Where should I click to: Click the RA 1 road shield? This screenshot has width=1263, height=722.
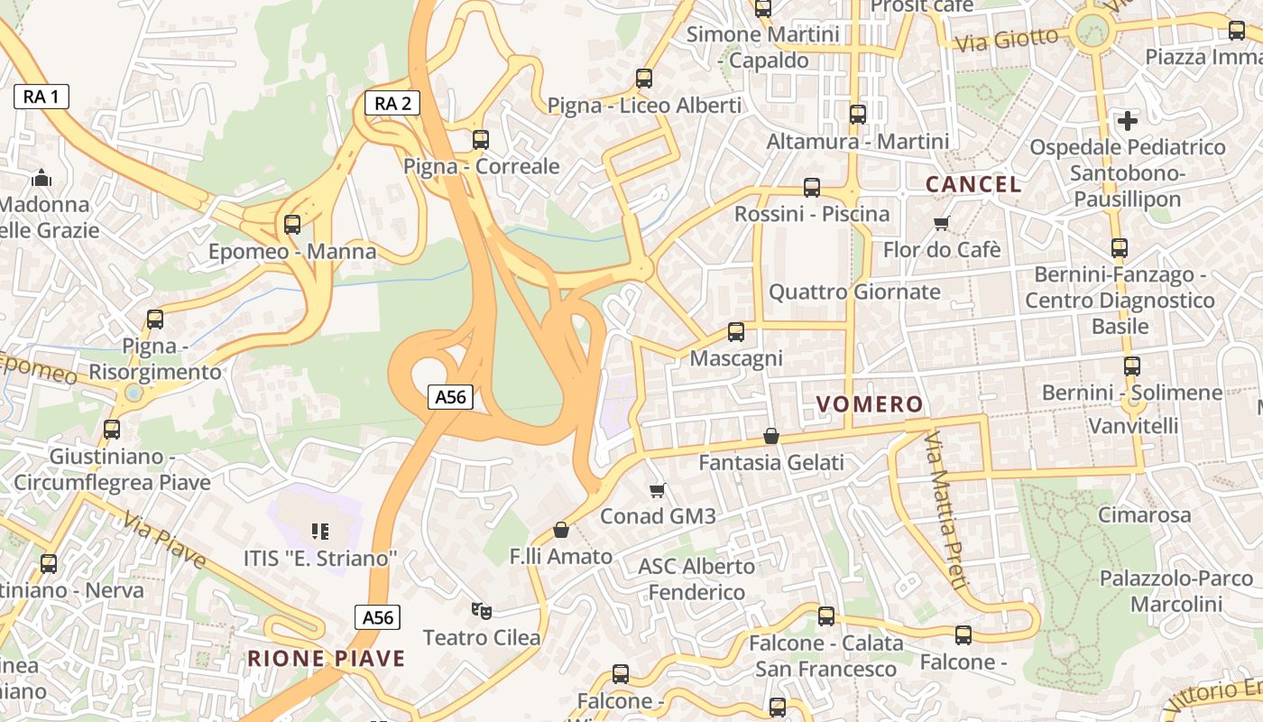click(41, 97)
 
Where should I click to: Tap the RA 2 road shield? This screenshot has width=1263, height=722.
click(392, 103)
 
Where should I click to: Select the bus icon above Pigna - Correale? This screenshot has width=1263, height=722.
click(481, 140)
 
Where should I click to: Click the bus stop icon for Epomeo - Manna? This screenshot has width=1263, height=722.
click(292, 225)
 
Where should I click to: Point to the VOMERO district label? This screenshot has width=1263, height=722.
click(870, 404)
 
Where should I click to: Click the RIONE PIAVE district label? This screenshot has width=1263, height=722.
click(327, 659)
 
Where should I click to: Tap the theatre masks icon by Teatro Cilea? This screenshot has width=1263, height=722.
click(482, 611)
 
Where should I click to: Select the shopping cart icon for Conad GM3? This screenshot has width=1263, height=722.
click(658, 490)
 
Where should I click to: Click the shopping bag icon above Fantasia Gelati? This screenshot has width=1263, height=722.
click(771, 436)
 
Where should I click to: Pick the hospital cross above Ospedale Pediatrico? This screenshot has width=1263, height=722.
click(1128, 120)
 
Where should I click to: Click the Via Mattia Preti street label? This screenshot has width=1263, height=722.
click(945, 510)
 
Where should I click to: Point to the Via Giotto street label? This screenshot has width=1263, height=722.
click(1006, 40)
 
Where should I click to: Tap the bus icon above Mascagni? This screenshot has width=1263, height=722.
click(736, 332)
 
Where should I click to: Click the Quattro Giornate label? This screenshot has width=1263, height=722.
click(853, 292)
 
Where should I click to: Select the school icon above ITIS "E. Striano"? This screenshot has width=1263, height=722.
click(319, 532)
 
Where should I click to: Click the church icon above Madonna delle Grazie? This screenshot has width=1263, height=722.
click(41, 178)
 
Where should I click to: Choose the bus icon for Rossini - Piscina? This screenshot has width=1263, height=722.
click(812, 188)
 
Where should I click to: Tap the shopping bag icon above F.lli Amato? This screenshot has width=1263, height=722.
click(561, 530)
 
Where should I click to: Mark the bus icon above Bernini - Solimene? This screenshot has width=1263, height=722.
click(1131, 366)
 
